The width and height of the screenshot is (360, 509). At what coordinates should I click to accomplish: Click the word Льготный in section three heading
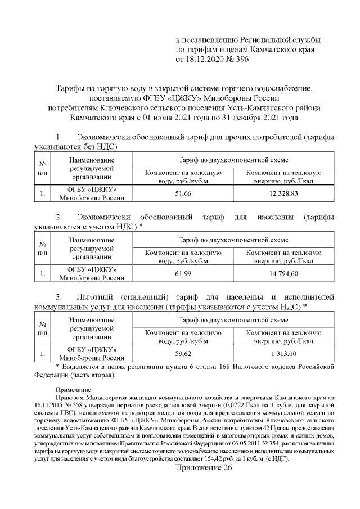[x=96, y=296]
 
